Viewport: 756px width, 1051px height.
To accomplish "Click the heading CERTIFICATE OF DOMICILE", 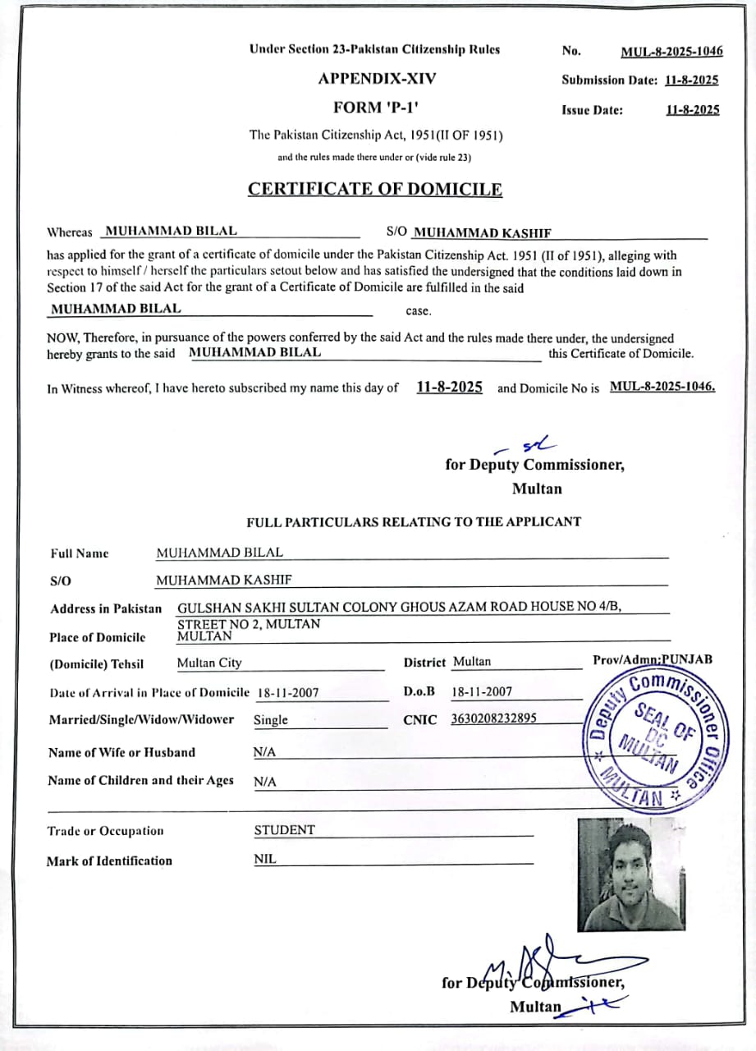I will click(375, 190).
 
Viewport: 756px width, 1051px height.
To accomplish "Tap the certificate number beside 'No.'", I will click(671, 52).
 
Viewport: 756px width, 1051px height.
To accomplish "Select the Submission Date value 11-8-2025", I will click(692, 80).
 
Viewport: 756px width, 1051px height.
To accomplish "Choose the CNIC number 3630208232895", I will click(493, 718).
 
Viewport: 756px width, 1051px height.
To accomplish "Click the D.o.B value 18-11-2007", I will click(482, 692).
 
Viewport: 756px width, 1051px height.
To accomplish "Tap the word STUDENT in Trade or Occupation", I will click(284, 830).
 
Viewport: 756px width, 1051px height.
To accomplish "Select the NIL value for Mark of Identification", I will click(265, 860).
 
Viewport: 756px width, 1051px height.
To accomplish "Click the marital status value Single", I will click(271, 720).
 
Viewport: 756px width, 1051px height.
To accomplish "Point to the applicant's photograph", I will click(630, 874).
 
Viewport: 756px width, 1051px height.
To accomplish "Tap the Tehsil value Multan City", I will click(209, 663).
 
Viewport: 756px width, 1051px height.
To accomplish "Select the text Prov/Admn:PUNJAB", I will click(653, 659).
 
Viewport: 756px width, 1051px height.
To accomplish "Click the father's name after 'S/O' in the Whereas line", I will click(482, 233).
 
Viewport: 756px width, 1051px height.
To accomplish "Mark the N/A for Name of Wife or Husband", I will click(265, 752).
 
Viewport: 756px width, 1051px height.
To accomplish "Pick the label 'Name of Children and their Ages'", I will click(140, 781).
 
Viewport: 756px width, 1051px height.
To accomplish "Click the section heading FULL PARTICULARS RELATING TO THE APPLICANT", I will click(414, 521).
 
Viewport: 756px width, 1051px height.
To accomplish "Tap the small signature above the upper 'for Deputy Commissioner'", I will click(525, 446).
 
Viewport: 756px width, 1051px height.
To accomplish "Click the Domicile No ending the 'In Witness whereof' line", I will click(662, 387).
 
